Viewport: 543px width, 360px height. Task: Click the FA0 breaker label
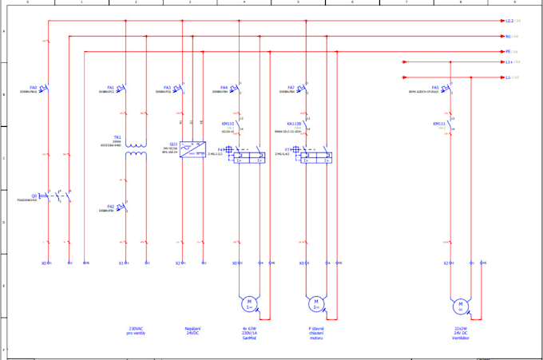tap(34, 87)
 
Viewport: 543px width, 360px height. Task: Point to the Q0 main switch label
tap(34, 195)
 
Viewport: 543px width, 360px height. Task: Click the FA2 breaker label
tap(110, 206)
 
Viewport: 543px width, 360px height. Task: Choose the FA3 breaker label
tap(168, 87)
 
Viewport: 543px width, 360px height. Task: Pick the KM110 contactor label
tap(228, 124)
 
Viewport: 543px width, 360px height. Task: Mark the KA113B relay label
tap(294, 124)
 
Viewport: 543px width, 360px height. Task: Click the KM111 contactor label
tap(438, 124)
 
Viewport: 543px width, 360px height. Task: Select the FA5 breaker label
tap(435, 87)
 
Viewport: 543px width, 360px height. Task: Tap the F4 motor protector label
tap(221, 148)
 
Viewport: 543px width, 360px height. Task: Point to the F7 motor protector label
tap(287, 148)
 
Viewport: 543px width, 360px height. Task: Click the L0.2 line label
tap(509, 21)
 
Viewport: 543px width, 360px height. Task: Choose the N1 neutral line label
tap(508, 36)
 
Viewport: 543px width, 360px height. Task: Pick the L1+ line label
tap(509, 61)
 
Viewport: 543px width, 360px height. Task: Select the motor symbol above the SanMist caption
tap(248, 303)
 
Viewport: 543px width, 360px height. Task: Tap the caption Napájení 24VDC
tap(192, 330)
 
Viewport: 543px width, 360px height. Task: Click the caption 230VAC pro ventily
tap(136, 330)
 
